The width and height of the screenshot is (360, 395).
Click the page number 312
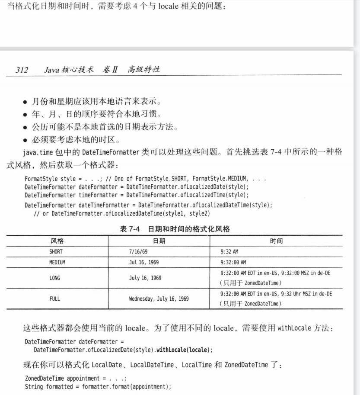(22, 70)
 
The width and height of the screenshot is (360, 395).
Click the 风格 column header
(57, 241)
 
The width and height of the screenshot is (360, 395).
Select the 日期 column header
(159, 241)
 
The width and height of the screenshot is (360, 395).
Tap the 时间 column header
(277, 241)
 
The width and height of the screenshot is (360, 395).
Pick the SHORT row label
(56, 251)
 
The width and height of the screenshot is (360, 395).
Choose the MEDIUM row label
(57, 262)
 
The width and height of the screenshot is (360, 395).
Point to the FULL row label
(55, 299)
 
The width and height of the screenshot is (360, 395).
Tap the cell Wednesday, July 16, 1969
(159, 299)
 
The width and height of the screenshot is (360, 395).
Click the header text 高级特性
(143, 70)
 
